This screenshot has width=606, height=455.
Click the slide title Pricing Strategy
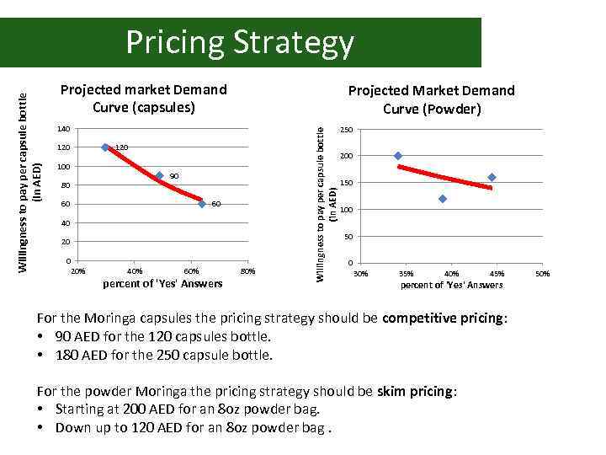click(x=240, y=42)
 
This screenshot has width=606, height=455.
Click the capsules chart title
click(x=143, y=99)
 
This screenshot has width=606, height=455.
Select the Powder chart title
click(x=431, y=99)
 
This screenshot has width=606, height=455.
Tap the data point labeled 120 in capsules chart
click(x=105, y=147)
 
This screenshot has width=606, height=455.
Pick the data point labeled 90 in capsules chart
click(x=159, y=175)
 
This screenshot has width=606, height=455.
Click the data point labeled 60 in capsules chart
click(x=202, y=204)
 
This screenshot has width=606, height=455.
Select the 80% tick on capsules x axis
click(x=247, y=271)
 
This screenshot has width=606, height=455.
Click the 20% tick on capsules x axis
click(x=77, y=271)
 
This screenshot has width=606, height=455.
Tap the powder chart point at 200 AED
click(x=398, y=156)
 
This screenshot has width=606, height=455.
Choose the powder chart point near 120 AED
click(x=442, y=199)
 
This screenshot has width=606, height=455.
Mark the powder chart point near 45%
click(x=492, y=177)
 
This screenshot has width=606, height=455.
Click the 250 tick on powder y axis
click(x=345, y=130)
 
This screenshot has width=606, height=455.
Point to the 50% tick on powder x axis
click(x=543, y=274)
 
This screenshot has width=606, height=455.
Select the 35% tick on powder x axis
click(x=407, y=274)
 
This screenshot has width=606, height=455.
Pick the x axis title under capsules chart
click(x=162, y=283)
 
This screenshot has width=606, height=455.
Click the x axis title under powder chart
click(x=452, y=286)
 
